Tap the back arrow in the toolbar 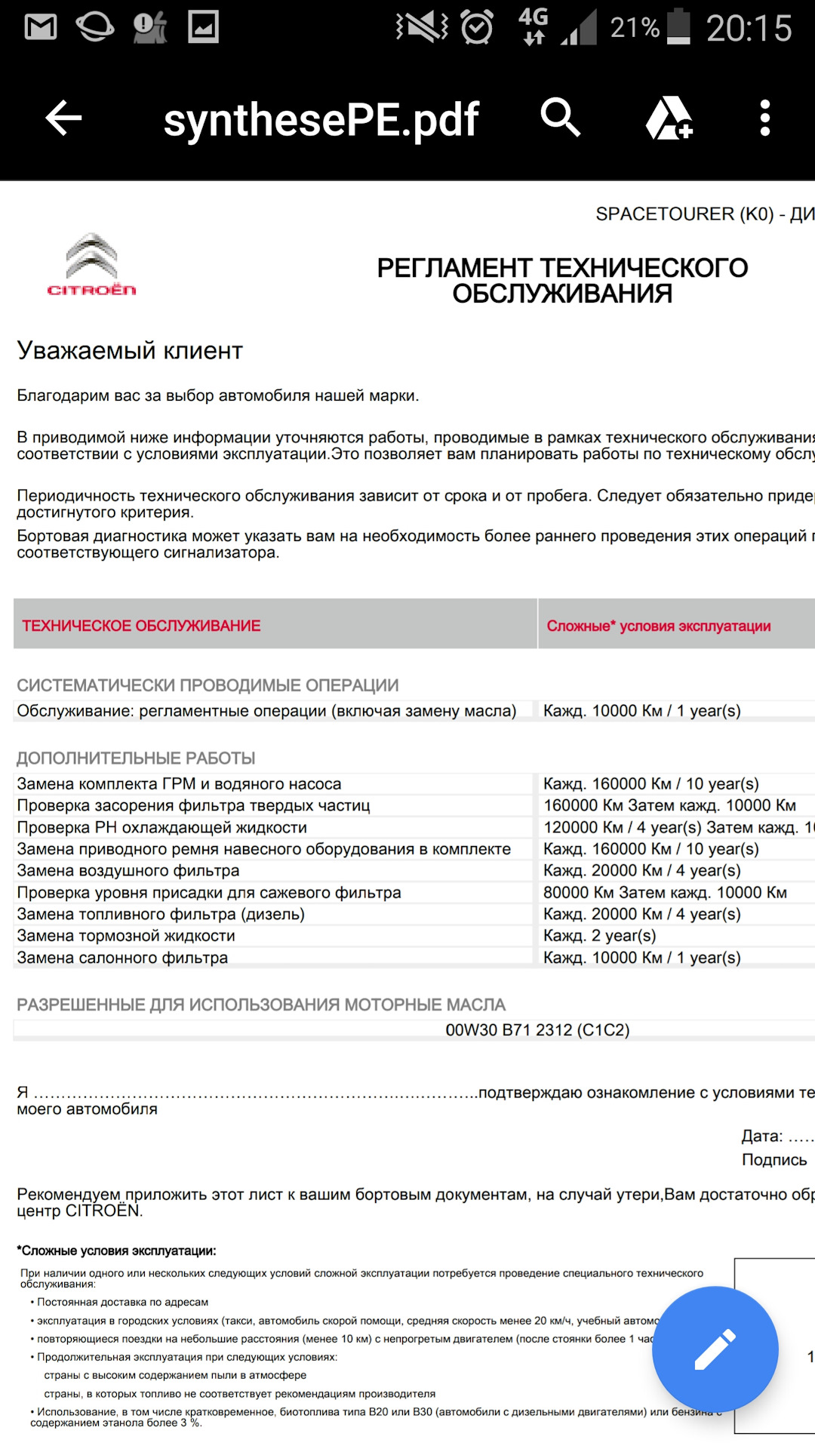point(64,118)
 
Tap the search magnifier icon point(560,118)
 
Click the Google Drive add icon point(669,118)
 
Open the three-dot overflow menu point(765,118)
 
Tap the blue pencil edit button point(715,1349)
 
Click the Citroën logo point(91,265)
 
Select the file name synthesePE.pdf point(321,120)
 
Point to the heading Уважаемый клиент point(130,351)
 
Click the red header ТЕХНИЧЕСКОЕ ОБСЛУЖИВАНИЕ point(141,626)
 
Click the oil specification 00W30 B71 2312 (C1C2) point(537,1030)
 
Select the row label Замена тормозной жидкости point(126,936)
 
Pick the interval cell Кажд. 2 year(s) point(600,936)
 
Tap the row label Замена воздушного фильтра point(128,871)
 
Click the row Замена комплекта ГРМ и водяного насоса point(179,784)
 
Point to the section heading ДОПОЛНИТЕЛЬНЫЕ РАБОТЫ point(136,758)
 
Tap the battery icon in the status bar point(678,27)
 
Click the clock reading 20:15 point(749,29)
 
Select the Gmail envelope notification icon point(41,27)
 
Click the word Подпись point(774,1160)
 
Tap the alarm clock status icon point(477,27)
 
